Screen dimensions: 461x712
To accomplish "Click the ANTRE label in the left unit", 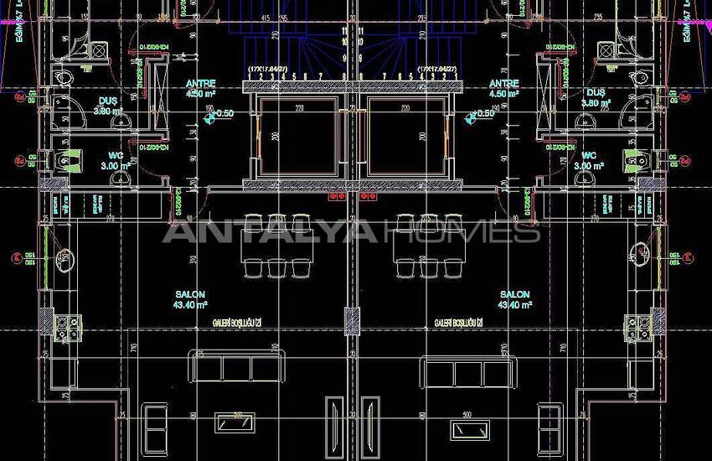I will coord(199,84).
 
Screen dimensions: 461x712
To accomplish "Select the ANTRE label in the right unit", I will coord(503,84).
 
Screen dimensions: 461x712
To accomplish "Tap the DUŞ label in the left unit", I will coord(106,101).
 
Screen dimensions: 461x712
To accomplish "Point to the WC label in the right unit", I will coord(589,156).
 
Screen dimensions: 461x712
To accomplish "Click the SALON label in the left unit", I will coord(187,295).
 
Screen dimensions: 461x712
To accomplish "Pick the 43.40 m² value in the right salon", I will coord(515,305).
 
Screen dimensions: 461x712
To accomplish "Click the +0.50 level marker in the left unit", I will coord(219,114).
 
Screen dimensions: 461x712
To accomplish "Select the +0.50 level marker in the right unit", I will coord(483,114).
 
